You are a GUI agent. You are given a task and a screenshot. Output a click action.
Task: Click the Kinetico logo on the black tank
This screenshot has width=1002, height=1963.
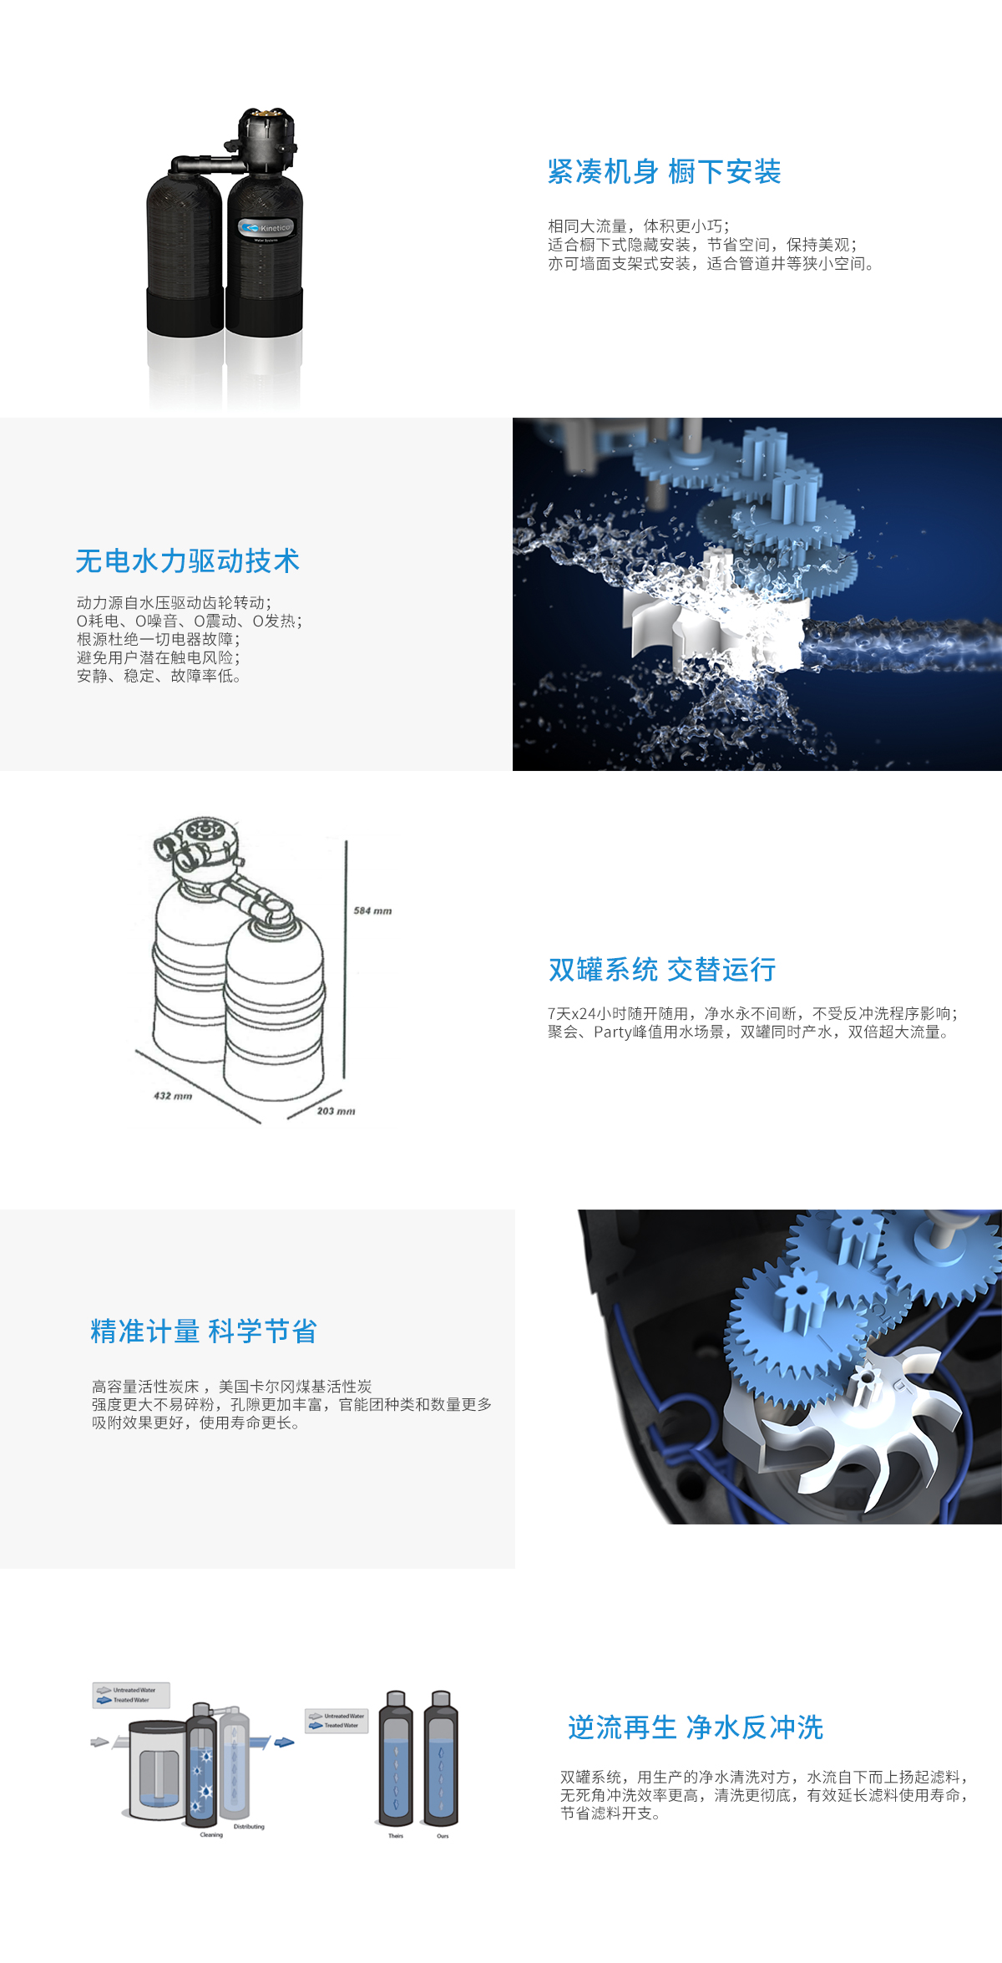click(266, 227)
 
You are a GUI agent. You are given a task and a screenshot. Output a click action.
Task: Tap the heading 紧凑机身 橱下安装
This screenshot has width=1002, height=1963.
click(664, 172)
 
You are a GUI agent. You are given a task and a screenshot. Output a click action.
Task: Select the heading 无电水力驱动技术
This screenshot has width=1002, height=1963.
click(187, 560)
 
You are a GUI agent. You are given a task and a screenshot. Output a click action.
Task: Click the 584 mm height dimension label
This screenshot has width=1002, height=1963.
click(372, 910)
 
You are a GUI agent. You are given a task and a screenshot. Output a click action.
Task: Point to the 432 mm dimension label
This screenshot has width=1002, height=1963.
click(173, 1095)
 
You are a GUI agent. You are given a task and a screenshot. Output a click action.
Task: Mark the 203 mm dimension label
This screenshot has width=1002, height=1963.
click(336, 1111)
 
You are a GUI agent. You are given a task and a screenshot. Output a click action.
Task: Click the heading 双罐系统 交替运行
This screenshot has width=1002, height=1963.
click(662, 969)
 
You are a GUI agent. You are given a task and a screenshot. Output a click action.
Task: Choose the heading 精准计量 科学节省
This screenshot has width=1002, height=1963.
click(204, 1331)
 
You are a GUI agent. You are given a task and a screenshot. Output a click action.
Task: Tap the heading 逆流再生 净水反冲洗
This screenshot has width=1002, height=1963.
click(696, 1727)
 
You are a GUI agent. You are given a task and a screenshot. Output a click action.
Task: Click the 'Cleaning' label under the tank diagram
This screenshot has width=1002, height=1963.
click(211, 1835)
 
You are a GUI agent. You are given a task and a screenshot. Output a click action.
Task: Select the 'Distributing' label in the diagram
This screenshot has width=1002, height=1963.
click(249, 1827)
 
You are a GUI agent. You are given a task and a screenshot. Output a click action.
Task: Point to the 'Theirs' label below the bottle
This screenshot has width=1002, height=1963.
click(396, 1836)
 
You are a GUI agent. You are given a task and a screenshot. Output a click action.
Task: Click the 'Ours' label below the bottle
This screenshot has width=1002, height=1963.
click(443, 1836)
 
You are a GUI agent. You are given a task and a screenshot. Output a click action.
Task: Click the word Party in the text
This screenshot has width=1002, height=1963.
click(613, 1032)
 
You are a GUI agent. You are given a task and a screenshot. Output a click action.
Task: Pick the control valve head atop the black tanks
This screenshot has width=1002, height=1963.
click(266, 138)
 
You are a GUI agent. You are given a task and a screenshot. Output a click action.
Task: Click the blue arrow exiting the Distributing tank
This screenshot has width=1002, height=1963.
click(285, 1742)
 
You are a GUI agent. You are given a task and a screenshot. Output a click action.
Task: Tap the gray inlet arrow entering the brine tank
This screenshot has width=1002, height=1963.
click(99, 1742)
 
